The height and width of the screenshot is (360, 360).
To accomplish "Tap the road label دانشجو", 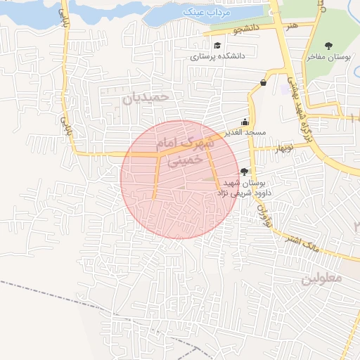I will (x=249, y=31).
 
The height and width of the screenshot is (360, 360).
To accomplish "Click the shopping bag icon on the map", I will (x=263, y=82).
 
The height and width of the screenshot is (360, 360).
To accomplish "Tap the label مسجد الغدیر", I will (x=243, y=132).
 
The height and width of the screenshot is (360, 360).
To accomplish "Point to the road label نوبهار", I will (x=283, y=147).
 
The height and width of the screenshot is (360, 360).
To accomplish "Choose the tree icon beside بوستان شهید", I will (x=244, y=171).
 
